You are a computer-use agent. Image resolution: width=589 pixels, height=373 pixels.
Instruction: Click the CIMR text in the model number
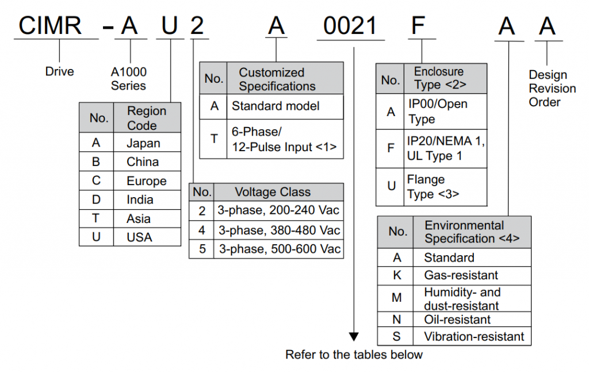point(51,26)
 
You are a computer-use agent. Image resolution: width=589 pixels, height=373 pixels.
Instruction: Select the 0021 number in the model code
point(350,26)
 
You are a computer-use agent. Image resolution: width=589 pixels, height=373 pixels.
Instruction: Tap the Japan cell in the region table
point(144,143)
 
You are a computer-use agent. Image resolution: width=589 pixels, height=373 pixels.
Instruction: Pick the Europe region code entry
point(147,181)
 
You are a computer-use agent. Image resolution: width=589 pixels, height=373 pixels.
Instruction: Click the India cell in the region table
point(140,200)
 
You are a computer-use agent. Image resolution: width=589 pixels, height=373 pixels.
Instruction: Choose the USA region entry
point(140,237)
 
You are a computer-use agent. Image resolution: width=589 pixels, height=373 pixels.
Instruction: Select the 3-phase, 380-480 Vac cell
point(278,230)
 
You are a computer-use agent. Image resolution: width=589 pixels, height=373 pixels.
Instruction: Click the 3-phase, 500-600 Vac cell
point(278,249)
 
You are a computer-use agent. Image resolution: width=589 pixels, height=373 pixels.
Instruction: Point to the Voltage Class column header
point(273,192)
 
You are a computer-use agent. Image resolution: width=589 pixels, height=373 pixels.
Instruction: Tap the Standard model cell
point(276,106)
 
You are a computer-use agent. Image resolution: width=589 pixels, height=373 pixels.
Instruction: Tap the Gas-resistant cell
point(461,275)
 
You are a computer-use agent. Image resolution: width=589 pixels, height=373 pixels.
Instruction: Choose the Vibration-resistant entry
point(474,337)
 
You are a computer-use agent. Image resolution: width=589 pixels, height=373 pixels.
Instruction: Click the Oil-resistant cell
point(457,320)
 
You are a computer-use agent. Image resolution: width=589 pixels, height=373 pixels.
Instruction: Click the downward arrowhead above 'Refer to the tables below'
point(354,336)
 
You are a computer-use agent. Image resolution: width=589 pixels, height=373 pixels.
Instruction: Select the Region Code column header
point(147,118)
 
